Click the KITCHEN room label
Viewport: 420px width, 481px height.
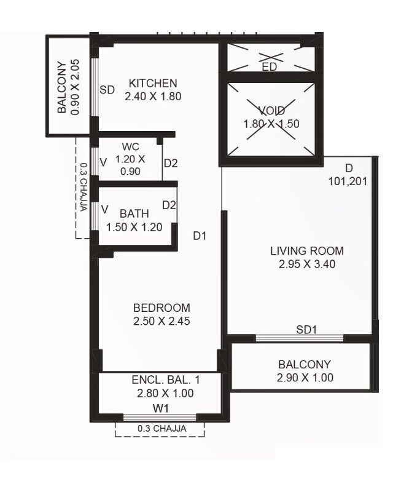[x=152, y=83]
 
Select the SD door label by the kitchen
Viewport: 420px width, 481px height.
[x=107, y=90]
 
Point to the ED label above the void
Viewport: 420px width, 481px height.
[x=269, y=67]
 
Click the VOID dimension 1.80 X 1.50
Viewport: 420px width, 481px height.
[x=271, y=124]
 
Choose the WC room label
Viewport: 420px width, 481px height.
[x=130, y=147]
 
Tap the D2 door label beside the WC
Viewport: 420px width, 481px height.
[x=170, y=164]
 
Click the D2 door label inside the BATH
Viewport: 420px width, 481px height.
[x=169, y=205]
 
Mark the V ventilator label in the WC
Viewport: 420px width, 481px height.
[x=103, y=162]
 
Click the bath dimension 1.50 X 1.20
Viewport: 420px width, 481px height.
[x=134, y=227]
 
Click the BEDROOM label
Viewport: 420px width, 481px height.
[x=161, y=308]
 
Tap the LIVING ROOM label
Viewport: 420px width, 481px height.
[x=307, y=251]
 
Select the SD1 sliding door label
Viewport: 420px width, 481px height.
[x=306, y=330]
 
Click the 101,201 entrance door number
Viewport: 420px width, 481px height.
[x=348, y=181]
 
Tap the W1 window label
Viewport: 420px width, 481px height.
[x=161, y=407]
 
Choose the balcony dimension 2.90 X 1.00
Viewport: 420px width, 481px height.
[x=305, y=378]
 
